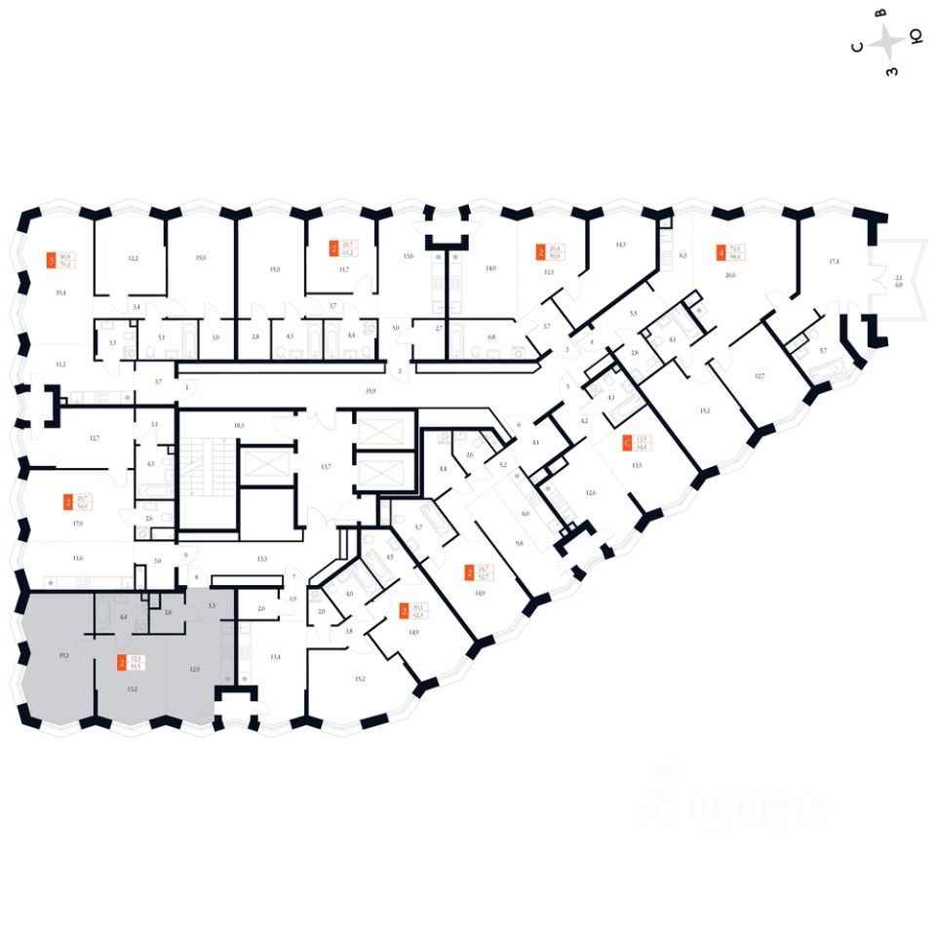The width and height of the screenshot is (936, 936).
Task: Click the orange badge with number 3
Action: (52, 260)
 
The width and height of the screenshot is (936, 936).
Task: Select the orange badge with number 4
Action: (721, 253)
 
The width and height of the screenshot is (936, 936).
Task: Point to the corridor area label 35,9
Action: (370, 390)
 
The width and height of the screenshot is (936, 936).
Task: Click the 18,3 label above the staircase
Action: (238, 426)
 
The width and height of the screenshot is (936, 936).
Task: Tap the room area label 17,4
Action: (834, 262)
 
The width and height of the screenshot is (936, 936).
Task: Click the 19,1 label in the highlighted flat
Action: (63, 656)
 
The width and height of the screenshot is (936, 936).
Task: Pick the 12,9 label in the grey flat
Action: (194, 669)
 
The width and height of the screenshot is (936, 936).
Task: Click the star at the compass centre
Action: (887, 42)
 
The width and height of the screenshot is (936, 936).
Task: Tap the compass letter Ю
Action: (916, 38)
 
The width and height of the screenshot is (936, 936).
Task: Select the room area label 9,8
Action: (520, 543)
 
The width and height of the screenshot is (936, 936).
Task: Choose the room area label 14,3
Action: (620, 245)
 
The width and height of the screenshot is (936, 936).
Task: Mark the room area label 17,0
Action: (77, 524)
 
